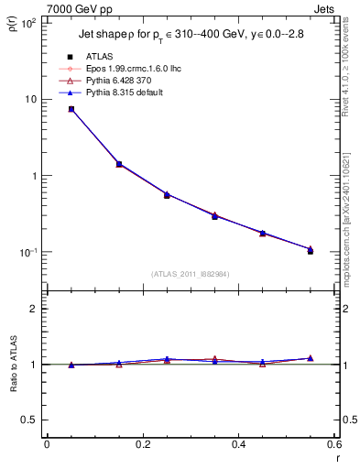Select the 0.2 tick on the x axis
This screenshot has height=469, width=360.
tap(143, 446)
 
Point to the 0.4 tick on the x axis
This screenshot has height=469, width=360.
tap(239, 446)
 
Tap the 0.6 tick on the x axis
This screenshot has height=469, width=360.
tap(334, 446)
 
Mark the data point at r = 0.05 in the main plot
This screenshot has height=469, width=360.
tap(71, 109)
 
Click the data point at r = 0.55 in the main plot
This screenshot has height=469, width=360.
tap(311, 250)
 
